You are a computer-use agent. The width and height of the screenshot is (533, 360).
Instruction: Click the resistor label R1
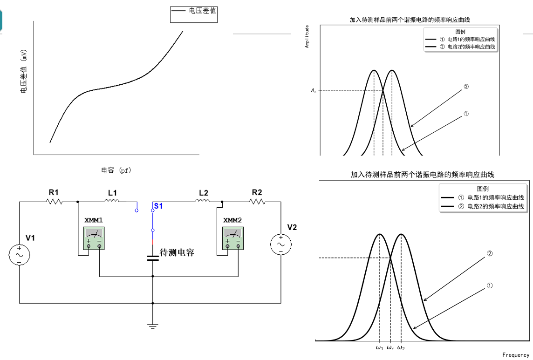point(53,192)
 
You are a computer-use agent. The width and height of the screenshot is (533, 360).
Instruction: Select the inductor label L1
point(112,192)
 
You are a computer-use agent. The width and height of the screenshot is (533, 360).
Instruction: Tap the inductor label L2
point(203,192)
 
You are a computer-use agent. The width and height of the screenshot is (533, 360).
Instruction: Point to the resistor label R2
point(257,192)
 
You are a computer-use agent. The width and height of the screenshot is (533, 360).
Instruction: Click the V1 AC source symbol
point(20,255)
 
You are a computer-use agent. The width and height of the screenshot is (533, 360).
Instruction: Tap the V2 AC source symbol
point(281,245)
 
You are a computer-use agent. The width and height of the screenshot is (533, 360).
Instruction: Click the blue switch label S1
point(158,206)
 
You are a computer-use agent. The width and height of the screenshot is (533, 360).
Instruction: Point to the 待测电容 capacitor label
point(177,253)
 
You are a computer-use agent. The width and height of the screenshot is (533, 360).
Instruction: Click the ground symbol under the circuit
point(152,326)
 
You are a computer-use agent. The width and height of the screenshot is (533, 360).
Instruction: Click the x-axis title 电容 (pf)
point(116,170)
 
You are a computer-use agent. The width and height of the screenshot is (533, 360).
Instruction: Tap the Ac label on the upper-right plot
point(314,90)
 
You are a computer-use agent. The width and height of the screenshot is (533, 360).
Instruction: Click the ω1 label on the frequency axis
point(379,348)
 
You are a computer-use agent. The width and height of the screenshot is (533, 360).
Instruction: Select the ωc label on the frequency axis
point(390,348)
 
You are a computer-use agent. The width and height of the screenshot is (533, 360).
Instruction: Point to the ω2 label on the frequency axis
point(401,348)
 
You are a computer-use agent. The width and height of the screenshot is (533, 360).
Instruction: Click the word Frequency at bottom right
point(516,355)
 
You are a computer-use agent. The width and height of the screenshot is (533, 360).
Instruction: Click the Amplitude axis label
point(307,37)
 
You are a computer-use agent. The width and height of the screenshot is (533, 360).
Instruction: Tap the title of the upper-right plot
point(410,20)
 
